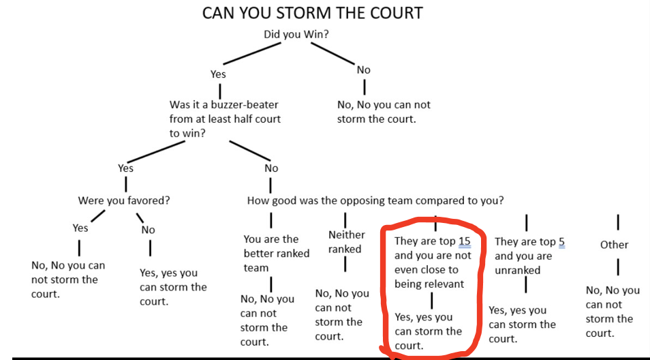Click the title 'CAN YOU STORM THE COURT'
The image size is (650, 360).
coord(313,14)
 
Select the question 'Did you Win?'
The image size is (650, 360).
coord(296,34)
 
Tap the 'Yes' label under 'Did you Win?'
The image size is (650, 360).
coord(218,74)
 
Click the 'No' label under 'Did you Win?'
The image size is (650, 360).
coord(364,70)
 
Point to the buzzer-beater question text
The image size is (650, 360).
coord(225,119)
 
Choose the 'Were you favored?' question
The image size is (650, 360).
coord(124,200)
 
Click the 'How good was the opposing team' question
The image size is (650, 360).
coord(375,200)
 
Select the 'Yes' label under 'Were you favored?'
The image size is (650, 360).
coord(80,228)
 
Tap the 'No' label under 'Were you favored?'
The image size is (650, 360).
coord(148,230)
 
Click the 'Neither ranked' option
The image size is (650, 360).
coord(346,242)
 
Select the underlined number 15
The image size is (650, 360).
coord(464,242)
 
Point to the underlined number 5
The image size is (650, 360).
coord(561,242)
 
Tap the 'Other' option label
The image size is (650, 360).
coord(614,245)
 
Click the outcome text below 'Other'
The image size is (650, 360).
coord(613,312)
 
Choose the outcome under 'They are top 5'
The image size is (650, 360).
coord(522,325)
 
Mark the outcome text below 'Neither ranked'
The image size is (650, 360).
coord(342,315)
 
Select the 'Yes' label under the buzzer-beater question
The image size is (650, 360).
coord(126,168)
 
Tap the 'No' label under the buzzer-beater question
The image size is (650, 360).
coord(271,168)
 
